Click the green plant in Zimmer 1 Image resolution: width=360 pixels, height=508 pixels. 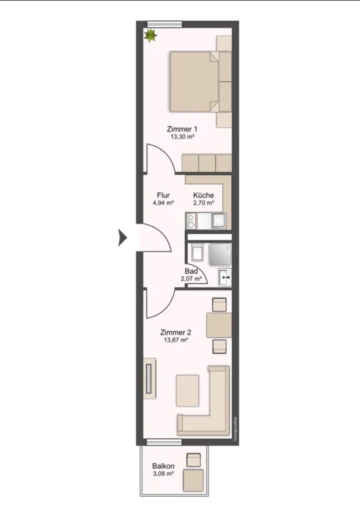pos(150,35)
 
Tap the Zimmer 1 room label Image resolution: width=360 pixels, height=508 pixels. pos(182,129)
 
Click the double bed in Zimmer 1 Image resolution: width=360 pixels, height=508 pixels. pos(194,82)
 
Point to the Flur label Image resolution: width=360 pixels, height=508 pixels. pos(163,195)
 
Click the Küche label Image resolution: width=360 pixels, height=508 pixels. pos(204,195)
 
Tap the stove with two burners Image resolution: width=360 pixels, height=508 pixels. pos(191,221)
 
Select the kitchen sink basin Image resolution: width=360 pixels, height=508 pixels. pos(219,221)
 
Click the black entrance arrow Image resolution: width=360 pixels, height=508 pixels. pos(123,238)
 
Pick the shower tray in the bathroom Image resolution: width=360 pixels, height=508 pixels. pos(220,254)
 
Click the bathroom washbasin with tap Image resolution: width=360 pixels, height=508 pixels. pos(225,277)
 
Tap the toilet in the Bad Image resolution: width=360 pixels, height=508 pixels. pos(197,252)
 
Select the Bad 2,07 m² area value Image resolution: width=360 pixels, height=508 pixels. pos(191,279)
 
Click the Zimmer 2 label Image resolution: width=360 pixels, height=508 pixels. pos(176,332)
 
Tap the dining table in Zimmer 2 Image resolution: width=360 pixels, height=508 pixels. pos(219,325)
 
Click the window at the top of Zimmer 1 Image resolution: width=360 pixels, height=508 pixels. pos(165,24)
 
